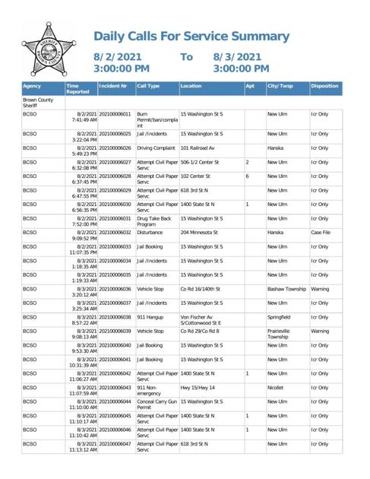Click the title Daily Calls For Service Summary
(201, 36)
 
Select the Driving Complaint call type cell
(156, 148)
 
